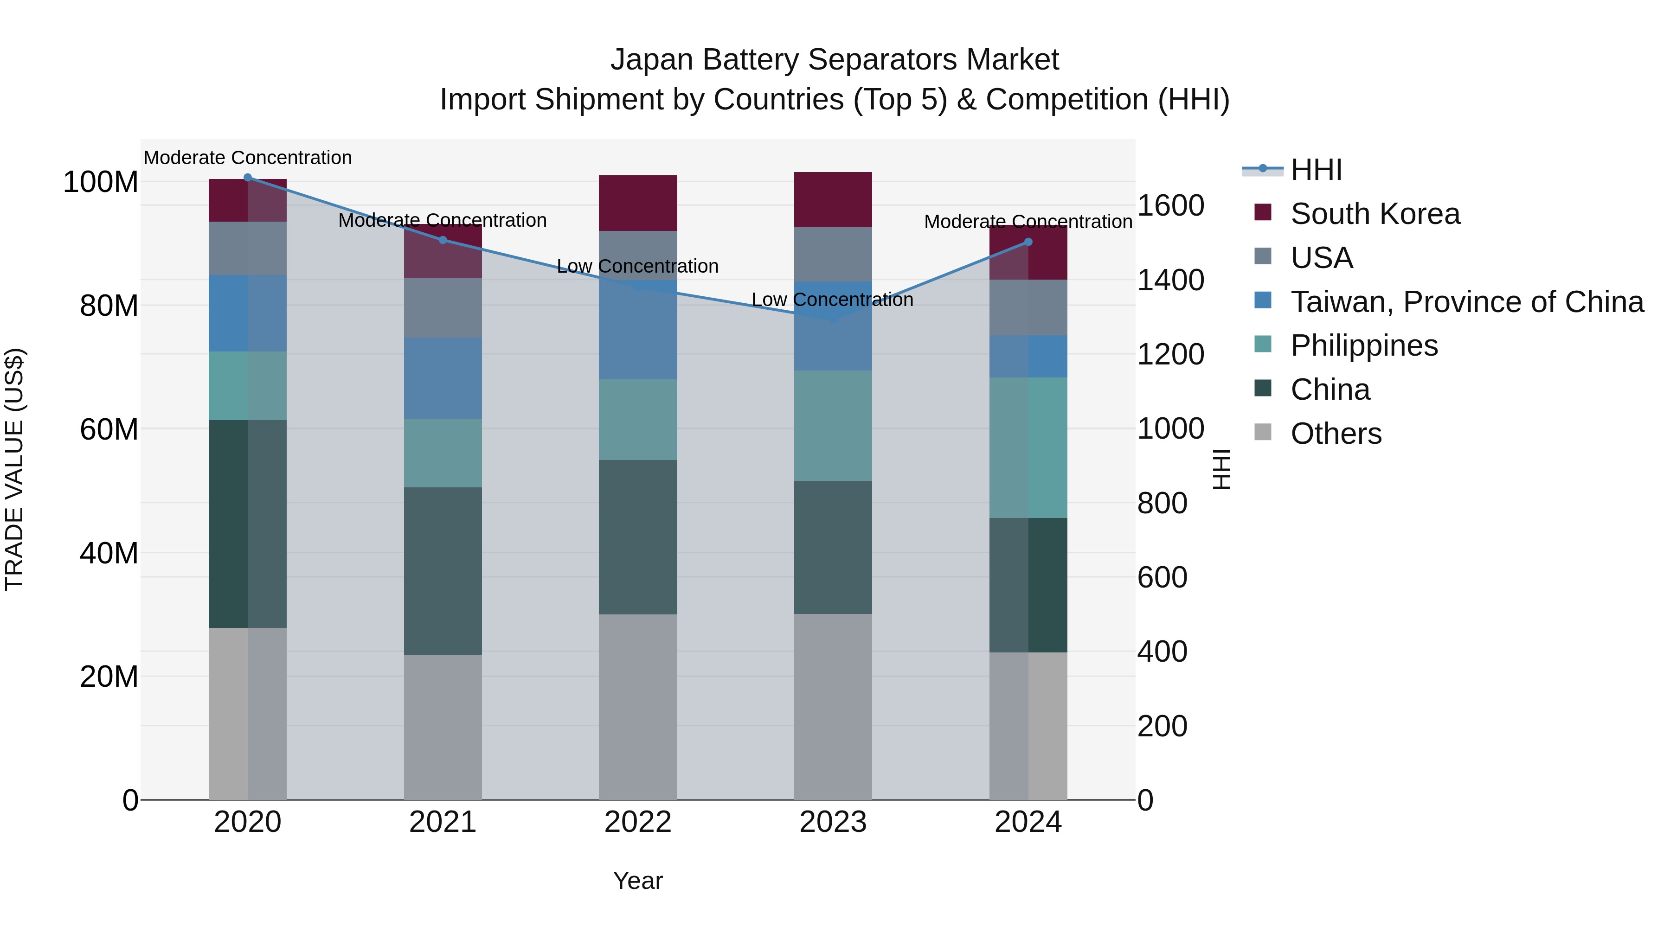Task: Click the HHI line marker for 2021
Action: (x=443, y=240)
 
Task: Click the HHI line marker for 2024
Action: (x=1028, y=242)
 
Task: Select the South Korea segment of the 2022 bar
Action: (x=638, y=203)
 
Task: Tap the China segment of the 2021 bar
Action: (x=443, y=570)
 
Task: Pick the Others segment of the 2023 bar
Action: (x=833, y=706)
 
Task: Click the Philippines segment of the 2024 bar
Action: (x=1028, y=447)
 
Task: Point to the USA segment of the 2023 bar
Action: (x=833, y=254)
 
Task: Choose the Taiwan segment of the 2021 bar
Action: (x=443, y=378)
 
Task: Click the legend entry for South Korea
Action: (x=1375, y=214)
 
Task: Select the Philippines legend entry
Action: (x=1363, y=345)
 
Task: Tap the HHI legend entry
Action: (x=1316, y=170)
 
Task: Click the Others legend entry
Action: (x=1336, y=434)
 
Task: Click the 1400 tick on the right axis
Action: (x=1170, y=280)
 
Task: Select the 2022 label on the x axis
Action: (x=638, y=822)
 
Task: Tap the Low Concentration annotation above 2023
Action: (x=832, y=300)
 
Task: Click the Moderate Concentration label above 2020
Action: (x=248, y=158)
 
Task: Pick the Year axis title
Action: (x=638, y=881)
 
